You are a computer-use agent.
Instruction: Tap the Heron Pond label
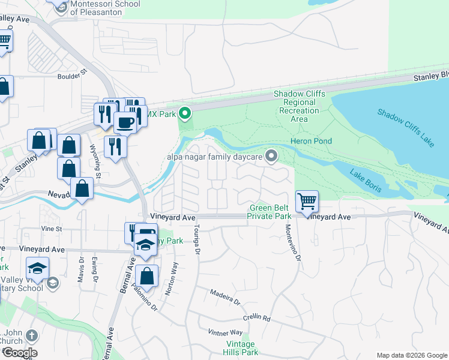coord(311,141)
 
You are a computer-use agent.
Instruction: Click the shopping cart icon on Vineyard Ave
coord(307,201)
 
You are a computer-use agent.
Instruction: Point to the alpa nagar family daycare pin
coord(272,157)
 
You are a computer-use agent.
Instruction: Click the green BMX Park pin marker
coord(185,113)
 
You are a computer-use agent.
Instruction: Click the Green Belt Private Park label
coord(271,212)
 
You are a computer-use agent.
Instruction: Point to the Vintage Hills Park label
coord(242,348)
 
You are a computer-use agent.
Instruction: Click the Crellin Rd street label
coord(257,318)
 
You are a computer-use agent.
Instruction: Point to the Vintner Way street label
coord(225,332)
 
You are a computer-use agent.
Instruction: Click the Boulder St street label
coord(73,77)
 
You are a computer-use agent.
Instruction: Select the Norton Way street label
coord(174,275)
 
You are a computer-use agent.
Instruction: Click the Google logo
coord(20,353)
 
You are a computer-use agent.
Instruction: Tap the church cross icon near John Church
coord(32,335)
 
